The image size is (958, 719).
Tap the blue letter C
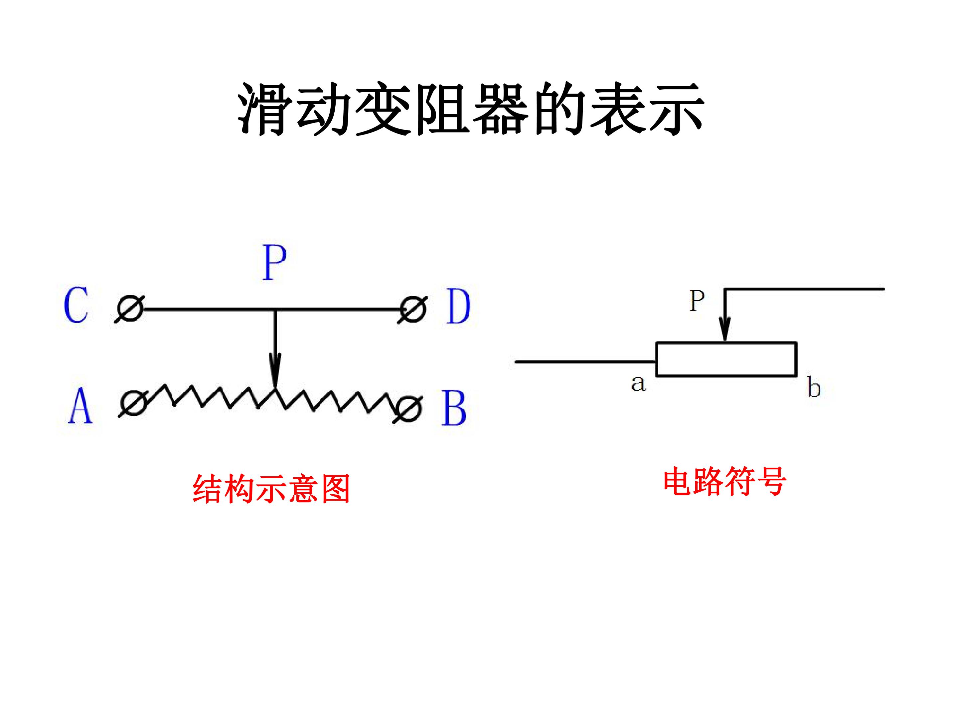tap(76, 305)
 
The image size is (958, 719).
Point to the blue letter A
tap(80, 405)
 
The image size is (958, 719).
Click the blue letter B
tap(453, 407)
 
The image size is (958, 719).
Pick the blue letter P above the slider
tap(274, 263)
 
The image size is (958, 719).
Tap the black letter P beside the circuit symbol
tap(697, 301)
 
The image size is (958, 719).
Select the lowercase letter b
tap(814, 387)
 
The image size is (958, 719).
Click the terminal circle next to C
tap(130, 309)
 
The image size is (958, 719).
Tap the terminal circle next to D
tap(413, 310)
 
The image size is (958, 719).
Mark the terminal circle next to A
tap(134, 403)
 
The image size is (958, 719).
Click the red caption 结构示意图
tap(271, 489)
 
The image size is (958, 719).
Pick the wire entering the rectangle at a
tap(585, 361)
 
